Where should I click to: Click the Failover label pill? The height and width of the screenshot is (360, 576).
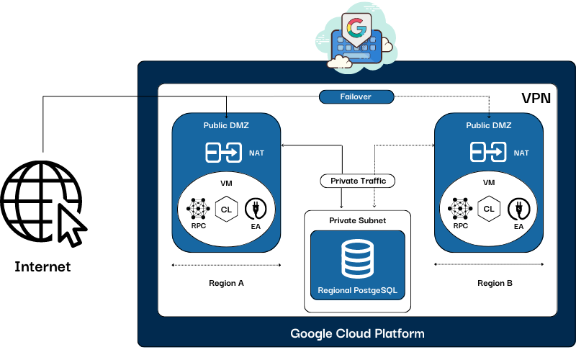[356, 96]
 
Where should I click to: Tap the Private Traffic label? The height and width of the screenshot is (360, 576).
[358, 181]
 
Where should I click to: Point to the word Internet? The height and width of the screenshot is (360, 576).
[43, 267]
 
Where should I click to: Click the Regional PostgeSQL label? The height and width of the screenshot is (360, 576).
[358, 292]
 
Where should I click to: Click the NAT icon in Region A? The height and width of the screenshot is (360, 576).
[224, 153]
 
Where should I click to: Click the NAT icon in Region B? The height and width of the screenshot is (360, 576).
[488, 153]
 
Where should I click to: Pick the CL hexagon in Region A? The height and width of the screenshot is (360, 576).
[226, 209]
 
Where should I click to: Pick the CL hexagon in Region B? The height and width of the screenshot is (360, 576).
[490, 209]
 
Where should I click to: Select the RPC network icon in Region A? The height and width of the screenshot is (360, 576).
[198, 209]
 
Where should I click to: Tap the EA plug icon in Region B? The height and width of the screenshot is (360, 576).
[518, 210]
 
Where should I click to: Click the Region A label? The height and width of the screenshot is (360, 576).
[226, 283]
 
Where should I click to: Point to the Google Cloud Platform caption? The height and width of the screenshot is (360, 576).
[357, 333]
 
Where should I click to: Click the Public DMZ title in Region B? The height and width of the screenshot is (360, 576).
[489, 125]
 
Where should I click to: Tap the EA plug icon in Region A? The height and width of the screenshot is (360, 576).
[255, 210]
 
